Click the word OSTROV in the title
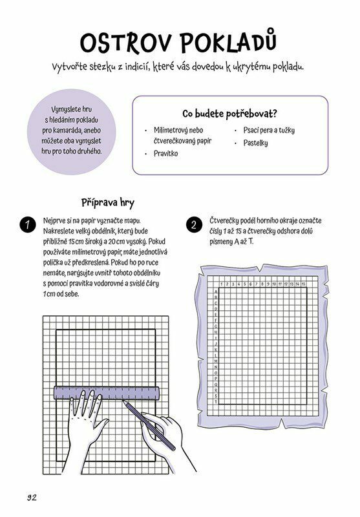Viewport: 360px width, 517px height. tap(126, 43)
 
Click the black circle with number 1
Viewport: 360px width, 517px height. tap(28, 225)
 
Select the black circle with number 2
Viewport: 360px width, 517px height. tap(194, 225)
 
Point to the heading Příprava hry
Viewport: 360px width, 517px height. tap(108, 202)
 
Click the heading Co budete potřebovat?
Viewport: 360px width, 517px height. tap(229, 114)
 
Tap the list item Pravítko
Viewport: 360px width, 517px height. tap(166, 154)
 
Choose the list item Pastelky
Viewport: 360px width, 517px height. tap(255, 143)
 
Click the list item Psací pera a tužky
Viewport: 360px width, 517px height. tap(269, 131)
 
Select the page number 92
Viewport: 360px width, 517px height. tap(32, 497)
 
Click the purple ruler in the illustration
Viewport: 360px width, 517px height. tap(107, 393)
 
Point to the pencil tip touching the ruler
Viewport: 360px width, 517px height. tap(123, 400)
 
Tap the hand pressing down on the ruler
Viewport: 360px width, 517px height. tap(87, 419)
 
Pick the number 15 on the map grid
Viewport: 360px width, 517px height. tap(303, 284)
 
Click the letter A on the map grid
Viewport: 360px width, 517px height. tap(216, 291)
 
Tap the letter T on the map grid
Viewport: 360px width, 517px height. tap(216, 401)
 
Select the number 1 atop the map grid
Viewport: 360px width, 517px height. tap(222, 284)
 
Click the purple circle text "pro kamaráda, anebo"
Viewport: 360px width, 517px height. tap(72, 131)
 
